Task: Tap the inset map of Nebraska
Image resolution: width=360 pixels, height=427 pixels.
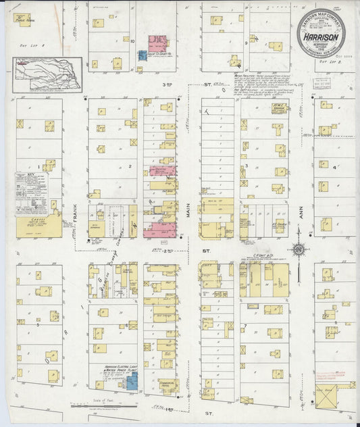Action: (x=48, y=72)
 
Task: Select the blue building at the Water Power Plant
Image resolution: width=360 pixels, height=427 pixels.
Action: (x=132, y=383)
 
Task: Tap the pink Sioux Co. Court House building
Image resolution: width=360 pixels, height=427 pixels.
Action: (x=158, y=44)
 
